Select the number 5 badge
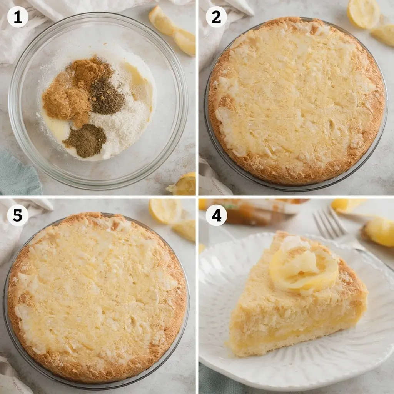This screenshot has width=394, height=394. pos(18,215)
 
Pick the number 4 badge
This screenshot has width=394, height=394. pos(216,215)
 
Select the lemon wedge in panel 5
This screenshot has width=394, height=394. pos(185,230)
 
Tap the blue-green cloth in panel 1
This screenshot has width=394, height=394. pos(19,173)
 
